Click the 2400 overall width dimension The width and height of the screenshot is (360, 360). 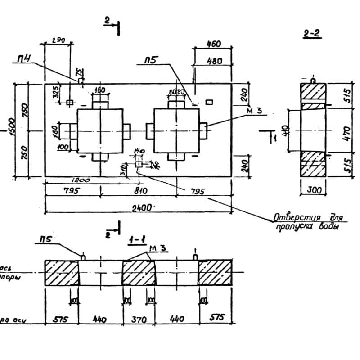click(x=139, y=207)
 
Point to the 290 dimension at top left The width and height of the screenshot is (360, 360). click(x=58, y=40)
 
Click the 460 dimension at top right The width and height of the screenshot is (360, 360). click(x=213, y=44)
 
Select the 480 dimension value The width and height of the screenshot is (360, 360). click(x=214, y=61)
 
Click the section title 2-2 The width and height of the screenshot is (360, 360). click(x=312, y=33)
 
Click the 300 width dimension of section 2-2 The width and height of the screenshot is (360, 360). click(x=315, y=190)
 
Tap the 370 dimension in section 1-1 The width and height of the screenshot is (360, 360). click(x=139, y=319)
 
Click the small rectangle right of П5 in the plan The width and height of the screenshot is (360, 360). click(x=209, y=102)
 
